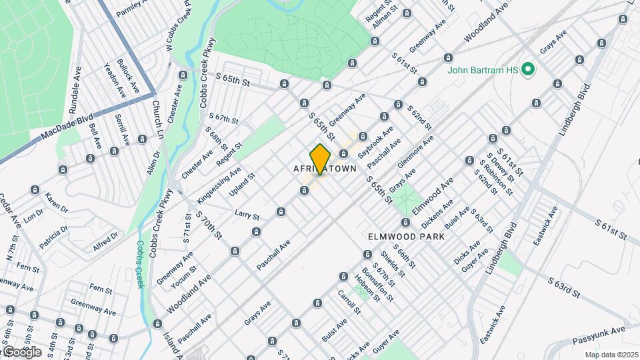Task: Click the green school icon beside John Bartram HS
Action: pos(529,69)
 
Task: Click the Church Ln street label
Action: pos(157,119)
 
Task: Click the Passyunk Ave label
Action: pos(598,336)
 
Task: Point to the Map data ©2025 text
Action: pos(611,355)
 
